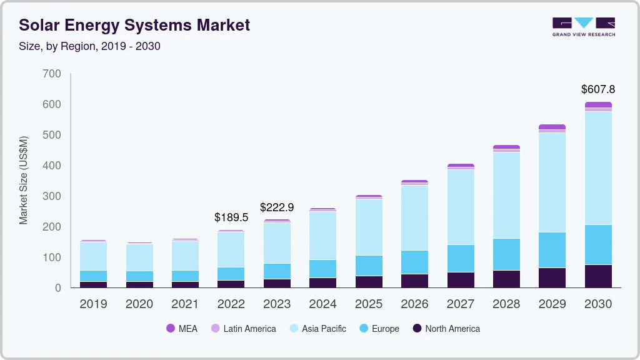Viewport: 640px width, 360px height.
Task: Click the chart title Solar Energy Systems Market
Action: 134,25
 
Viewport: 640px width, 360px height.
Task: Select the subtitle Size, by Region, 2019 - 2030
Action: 89,46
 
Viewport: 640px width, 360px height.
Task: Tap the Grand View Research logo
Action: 583,27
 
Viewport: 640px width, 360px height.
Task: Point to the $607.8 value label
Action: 597,89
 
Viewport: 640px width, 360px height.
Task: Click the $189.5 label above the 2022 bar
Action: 231,217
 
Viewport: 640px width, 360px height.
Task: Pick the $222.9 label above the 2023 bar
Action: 277,207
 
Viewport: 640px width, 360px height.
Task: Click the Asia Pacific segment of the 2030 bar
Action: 598,167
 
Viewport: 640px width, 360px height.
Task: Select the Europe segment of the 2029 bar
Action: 552,250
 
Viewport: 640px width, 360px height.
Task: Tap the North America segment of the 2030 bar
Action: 598,276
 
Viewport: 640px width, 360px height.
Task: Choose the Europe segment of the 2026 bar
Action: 414,262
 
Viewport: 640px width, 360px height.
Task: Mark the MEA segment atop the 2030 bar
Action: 598,104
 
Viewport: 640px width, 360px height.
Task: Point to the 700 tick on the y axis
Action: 52,74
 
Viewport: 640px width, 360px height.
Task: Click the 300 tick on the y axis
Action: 52,196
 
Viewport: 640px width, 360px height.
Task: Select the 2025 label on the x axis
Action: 369,304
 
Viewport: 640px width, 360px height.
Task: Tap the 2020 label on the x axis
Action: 139,304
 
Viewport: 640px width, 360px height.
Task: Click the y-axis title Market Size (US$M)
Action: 24,180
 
